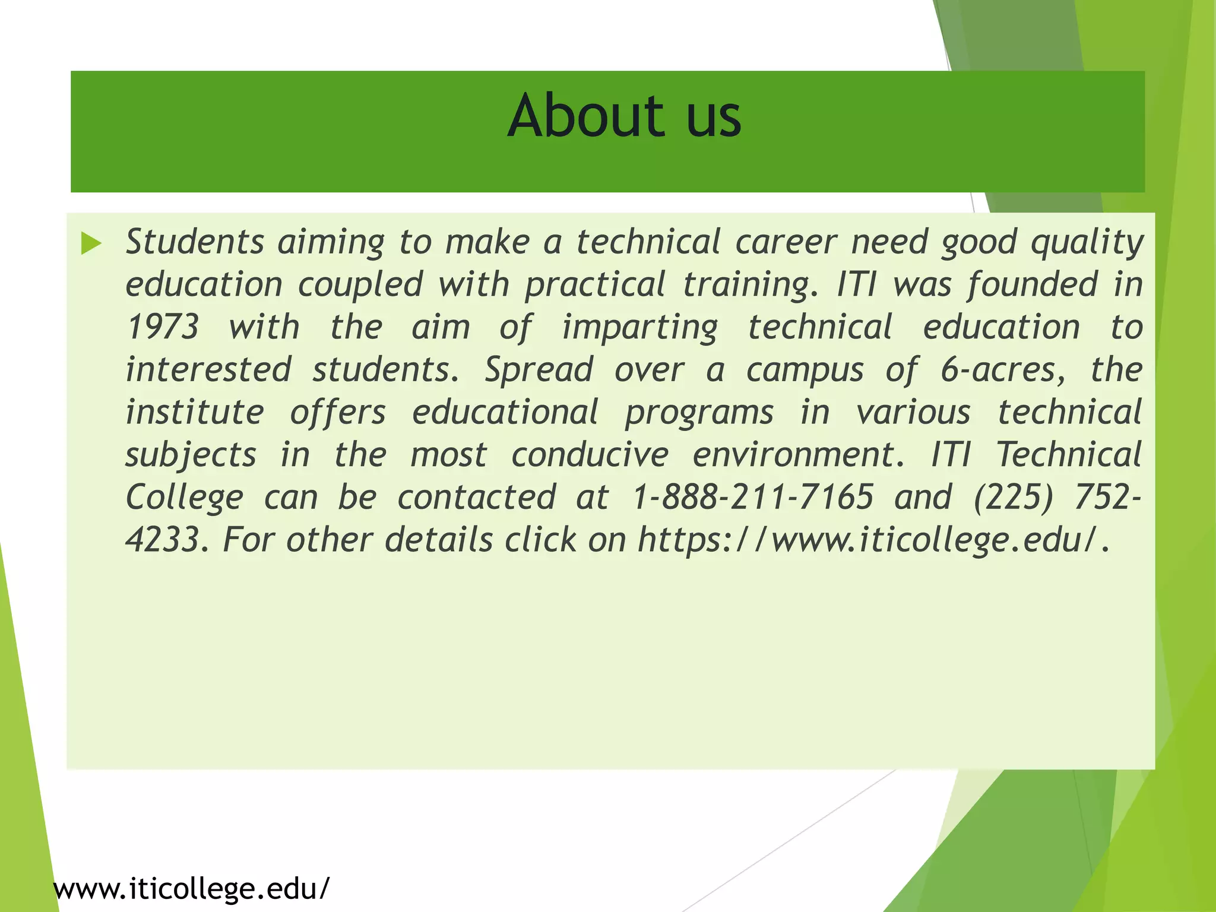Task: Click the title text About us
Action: [x=624, y=116]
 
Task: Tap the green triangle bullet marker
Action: [x=91, y=243]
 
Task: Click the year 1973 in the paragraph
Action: [x=163, y=327]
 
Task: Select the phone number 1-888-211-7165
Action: [x=753, y=497]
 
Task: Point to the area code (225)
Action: [x=1013, y=497]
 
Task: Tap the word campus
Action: [x=805, y=370]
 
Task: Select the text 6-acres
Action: [x=1003, y=370]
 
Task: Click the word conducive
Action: [x=590, y=455]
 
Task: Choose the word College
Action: [x=185, y=498]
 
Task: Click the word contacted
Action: [x=477, y=497]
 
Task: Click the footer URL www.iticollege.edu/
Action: [x=191, y=889]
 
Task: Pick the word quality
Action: [x=1087, y=243]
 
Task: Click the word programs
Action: [x=699, y=413]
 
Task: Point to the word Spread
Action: [x=539, y=370]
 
